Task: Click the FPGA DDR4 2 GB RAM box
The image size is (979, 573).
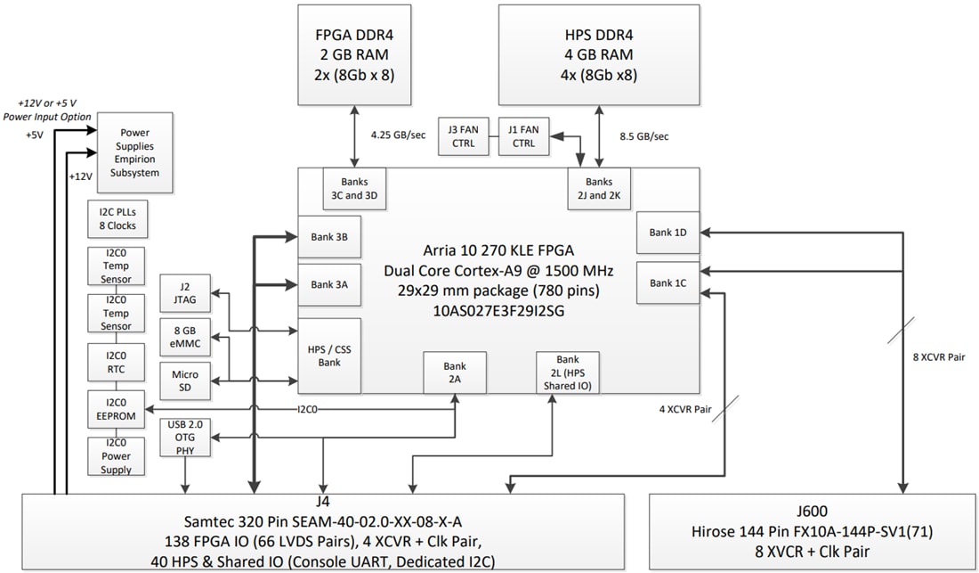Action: point(354,53)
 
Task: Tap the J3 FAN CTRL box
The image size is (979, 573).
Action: point(464,136)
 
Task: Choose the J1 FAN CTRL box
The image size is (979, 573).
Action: point(522,136)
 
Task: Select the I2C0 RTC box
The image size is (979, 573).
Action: point(116,362)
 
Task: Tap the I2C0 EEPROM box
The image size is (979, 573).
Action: point(116,408)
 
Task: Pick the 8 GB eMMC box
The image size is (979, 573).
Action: point(185,336)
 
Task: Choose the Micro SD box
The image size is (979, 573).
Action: point(185,381)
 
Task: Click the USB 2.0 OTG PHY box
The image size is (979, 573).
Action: point(184,438)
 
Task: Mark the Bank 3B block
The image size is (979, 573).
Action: point(329,237)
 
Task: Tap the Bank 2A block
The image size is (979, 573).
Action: point(455,372)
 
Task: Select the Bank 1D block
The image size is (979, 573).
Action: point(667,233)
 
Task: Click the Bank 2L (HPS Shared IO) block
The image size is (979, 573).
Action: point(567,372)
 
